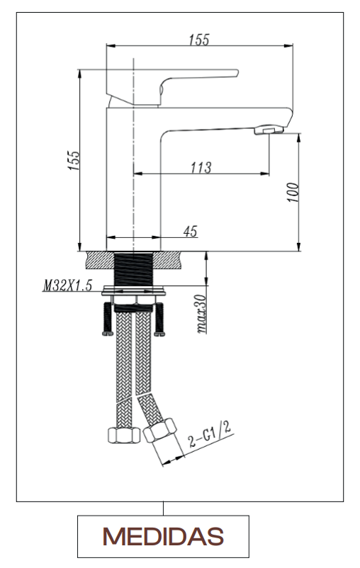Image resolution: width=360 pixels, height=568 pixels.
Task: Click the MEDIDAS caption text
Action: point(163,537)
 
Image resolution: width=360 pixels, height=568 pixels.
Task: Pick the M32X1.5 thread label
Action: point(67,285)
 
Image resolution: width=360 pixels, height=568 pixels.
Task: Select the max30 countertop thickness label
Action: point(201,314)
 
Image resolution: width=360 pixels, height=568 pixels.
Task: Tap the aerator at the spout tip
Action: point(269,130)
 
